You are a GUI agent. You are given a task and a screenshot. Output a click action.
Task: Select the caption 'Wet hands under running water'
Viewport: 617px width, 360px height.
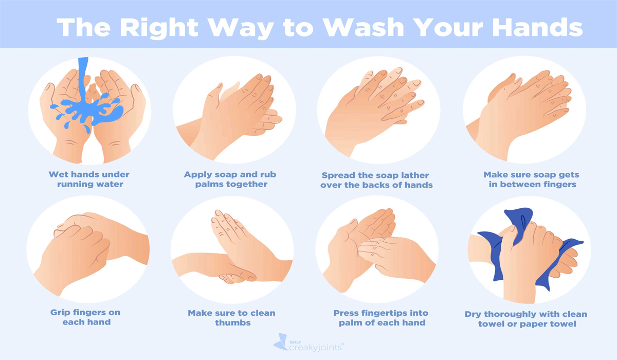[x=89, y=179]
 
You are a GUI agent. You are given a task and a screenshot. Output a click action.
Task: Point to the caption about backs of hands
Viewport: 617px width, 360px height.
[x=375, y=179]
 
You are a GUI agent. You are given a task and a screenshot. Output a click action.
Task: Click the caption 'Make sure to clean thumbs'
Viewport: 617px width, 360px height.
[x=231, y=317]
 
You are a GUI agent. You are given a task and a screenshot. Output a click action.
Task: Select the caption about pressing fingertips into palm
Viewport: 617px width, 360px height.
[x=380, y=317]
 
